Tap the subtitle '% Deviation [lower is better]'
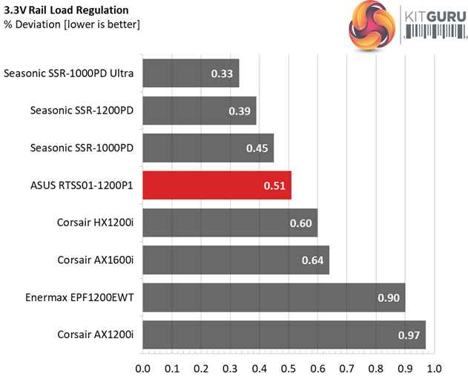click(72, 25)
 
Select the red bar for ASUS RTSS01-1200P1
click(216, 185)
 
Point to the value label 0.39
click(240, 111)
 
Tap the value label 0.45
click(257, 148)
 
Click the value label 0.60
click(300, 223)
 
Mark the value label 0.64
click(312, 260)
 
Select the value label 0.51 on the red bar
click(274, 185)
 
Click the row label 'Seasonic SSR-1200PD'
click(82, 111)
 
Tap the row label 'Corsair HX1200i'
click(95, 223)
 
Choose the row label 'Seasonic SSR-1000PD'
click(82, 148)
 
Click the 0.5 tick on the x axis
click(289, 368)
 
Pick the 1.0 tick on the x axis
click(434, 368)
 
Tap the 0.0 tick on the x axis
click(142, 368)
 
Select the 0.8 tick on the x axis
click(376, 368)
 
